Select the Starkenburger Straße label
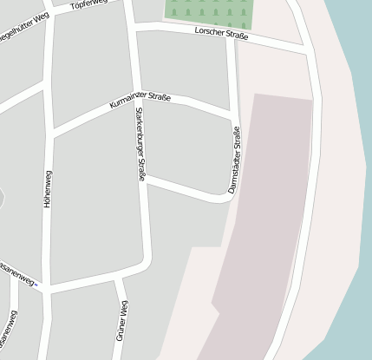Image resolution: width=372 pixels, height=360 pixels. click(x=140, y=144)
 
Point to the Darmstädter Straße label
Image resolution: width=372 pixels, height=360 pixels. click(x=234, y=160)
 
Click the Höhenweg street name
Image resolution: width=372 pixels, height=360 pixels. click(x=48, y=187)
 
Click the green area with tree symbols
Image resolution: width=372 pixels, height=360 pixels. click(x=209, y=11)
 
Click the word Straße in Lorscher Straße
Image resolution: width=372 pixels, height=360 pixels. click(x=236, y=37)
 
